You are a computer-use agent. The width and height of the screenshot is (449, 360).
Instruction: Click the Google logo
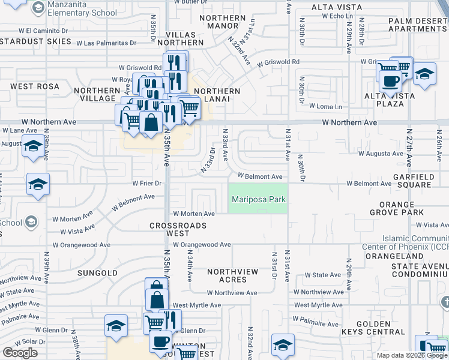[x=20, y=353]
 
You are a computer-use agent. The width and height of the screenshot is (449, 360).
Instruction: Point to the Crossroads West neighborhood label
[x=178, y=229]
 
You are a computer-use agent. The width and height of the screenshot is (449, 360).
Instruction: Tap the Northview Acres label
[x=233, y=275]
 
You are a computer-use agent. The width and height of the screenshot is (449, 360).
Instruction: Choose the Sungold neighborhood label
[x=98, y=273]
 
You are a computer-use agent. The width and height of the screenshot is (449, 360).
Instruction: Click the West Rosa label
[x=35, y=86]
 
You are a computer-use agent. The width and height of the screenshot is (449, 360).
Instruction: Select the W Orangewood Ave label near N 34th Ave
[x=202, y=245]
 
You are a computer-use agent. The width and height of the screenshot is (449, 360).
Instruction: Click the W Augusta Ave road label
[x=381, y=154]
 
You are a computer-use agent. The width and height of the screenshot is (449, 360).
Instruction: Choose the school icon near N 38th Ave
[x=116, y=326]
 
